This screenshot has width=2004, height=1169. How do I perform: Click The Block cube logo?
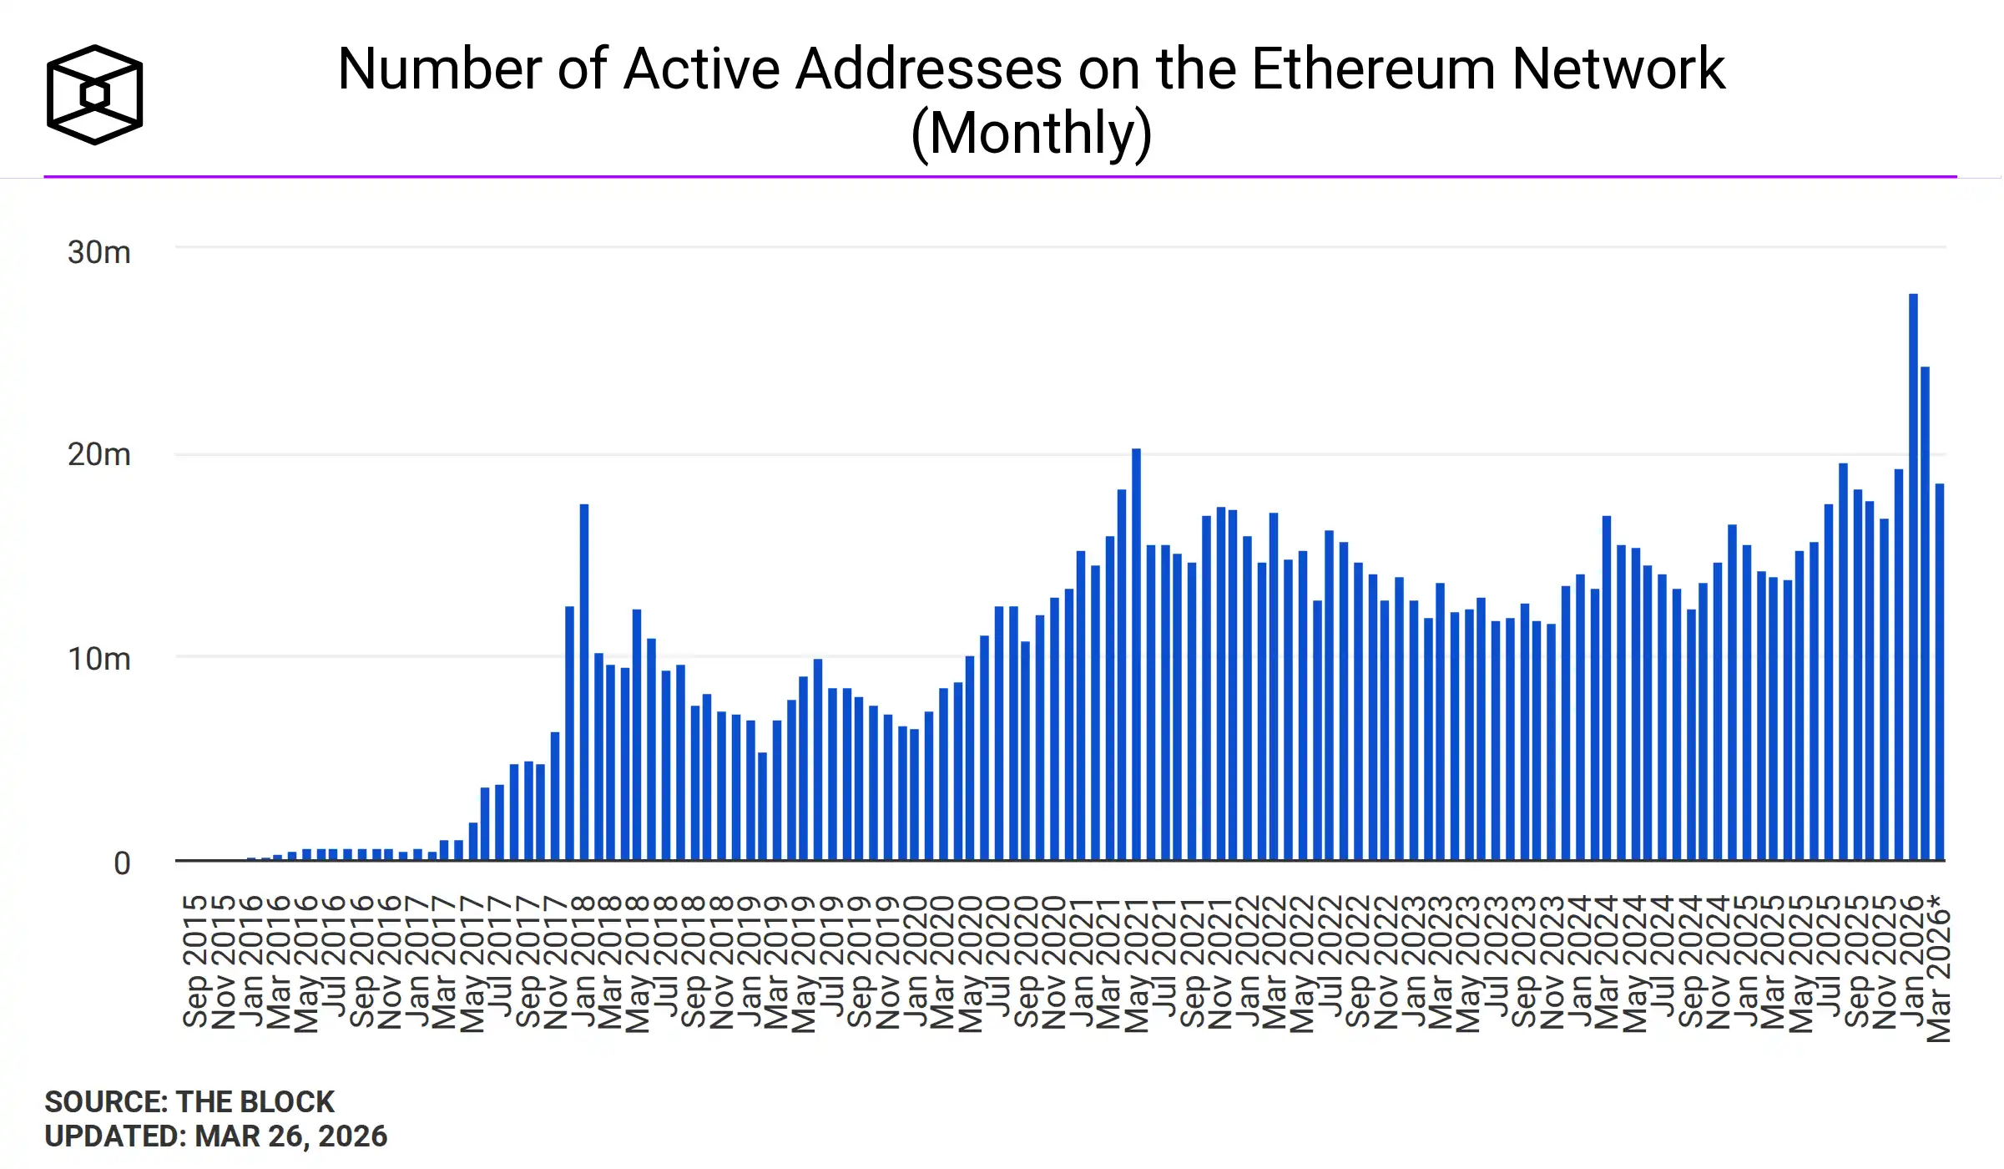(94, 94)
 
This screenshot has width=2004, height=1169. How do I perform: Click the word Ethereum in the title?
(1373, 68)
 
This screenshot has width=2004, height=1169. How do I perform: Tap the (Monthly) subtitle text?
(1031, 134)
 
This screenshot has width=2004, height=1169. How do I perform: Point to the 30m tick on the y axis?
(99, 252)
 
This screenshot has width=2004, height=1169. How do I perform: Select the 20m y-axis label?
(99, 455)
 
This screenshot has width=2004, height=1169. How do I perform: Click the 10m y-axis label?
(99, 660)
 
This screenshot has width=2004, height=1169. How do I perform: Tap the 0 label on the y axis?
(122, 863)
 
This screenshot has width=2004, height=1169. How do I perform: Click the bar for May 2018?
(637, 735)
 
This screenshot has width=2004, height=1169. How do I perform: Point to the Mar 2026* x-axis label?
(1938, 969)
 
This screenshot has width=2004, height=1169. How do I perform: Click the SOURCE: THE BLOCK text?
(189, 1102)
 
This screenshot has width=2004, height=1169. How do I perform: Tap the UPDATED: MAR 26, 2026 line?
(216, 1136)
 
